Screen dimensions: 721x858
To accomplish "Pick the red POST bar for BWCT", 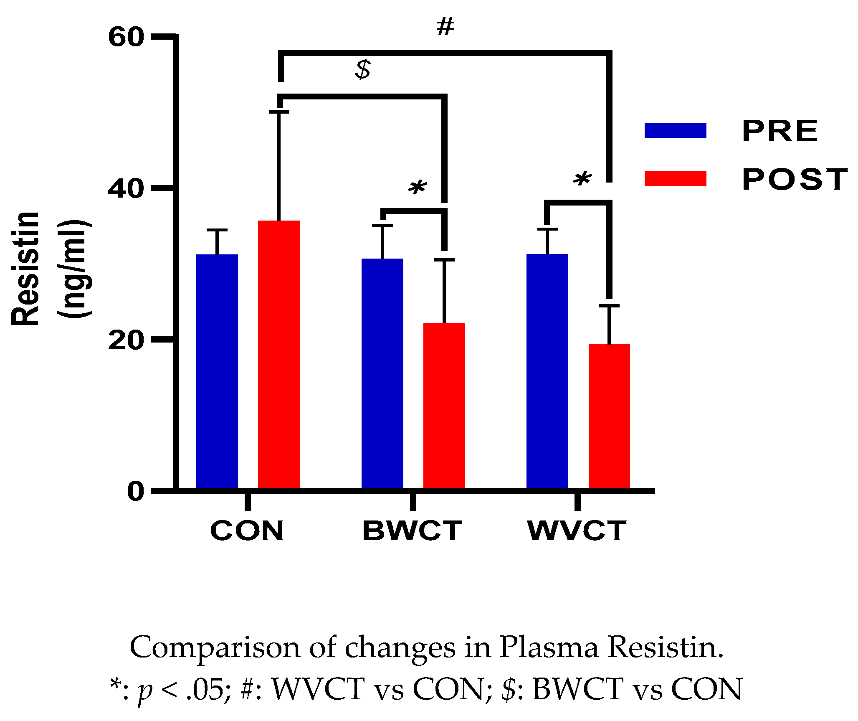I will click(x=444, y=405).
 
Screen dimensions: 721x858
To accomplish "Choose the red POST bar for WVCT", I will click(x=609, y=416).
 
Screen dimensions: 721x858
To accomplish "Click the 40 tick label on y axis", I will click(x=126, y=188).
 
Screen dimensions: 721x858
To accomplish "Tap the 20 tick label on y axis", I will click(x=126, y=340).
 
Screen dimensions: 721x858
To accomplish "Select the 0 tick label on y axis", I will click(x=136, y=491).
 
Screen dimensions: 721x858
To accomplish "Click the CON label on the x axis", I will click(x=247, y=531).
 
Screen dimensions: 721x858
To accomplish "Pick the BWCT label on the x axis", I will click(x=413, y=531).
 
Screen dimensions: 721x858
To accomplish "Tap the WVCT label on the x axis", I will click(x=577, y=531).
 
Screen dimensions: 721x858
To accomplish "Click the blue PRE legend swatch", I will click(x=675, y=130).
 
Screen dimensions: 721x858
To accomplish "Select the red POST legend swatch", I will click(x=675, y=179).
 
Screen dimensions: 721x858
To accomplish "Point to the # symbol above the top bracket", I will click(x=445, y=27).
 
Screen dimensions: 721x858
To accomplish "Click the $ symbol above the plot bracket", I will click(x=363, y=70).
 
